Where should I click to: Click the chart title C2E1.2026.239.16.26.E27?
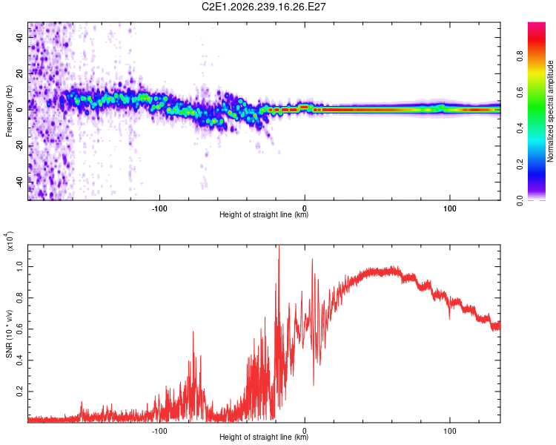[263, 7]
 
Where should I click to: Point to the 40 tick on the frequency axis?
[19, 37]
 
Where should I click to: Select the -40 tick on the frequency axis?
[19, 182]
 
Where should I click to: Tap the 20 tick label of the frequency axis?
[19, 73]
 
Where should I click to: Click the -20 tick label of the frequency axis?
[19, 146]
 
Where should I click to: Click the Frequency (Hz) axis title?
[9, 111]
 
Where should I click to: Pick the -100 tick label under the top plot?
[159, 208]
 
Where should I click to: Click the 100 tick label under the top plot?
[450, 208]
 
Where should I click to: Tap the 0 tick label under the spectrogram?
[305, 208]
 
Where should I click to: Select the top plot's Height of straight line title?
[264, 214]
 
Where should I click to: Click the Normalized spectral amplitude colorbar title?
[550, 111]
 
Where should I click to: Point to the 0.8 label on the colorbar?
[520, 56]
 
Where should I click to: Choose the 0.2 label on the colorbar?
[520, 165]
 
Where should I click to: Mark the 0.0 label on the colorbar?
[520, 200]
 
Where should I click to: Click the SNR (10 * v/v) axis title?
[9, 334]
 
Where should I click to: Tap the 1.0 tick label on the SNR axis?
[19, 266]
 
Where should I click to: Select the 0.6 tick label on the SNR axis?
[19, 329]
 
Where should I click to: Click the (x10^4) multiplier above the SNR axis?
[9, 241]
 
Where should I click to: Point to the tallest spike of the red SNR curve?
[279, 246]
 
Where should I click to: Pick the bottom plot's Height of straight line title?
[264, 437]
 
